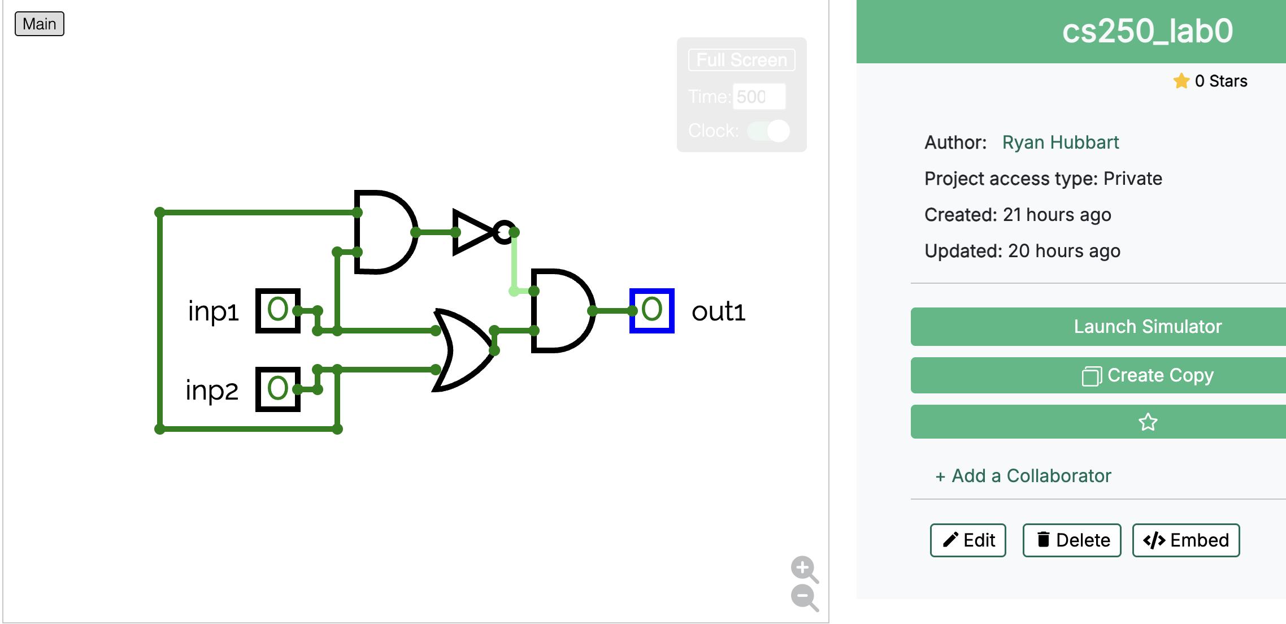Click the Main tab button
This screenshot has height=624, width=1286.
pyautogui.click(x=39, y=24)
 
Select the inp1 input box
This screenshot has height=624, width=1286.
pyautogui.click(x=277, y=310)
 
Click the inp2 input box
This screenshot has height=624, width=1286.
pyautogui.click(x=277, y=389)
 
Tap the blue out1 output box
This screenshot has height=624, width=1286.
pyautogui.click(x=651, y=310)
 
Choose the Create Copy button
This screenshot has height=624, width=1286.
pyautogui.click(x=1147, y=375)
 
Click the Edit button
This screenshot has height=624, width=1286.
pyautogui.click(x=968, y=540)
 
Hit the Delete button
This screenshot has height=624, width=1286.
pyautogui.click(x=1072, y=540)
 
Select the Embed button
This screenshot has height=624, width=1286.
pyautogui.click(x=1185, y=540)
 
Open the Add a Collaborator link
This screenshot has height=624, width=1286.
pyautogui.click(x=1023, y=476)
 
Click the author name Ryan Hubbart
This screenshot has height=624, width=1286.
pyautogui.click(x=1060, y=142)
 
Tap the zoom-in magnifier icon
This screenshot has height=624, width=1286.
pyautogui.click(x=803, y=567)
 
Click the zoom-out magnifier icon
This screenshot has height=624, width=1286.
pyautogui.click(x=803, y=596)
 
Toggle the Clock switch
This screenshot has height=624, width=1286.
pyautogui.click(x=768, y=131)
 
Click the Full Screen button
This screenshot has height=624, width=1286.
pyautogui.click(x=741, y=60)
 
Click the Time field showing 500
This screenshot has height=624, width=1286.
pyautogui.click(x=758, y=97)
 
